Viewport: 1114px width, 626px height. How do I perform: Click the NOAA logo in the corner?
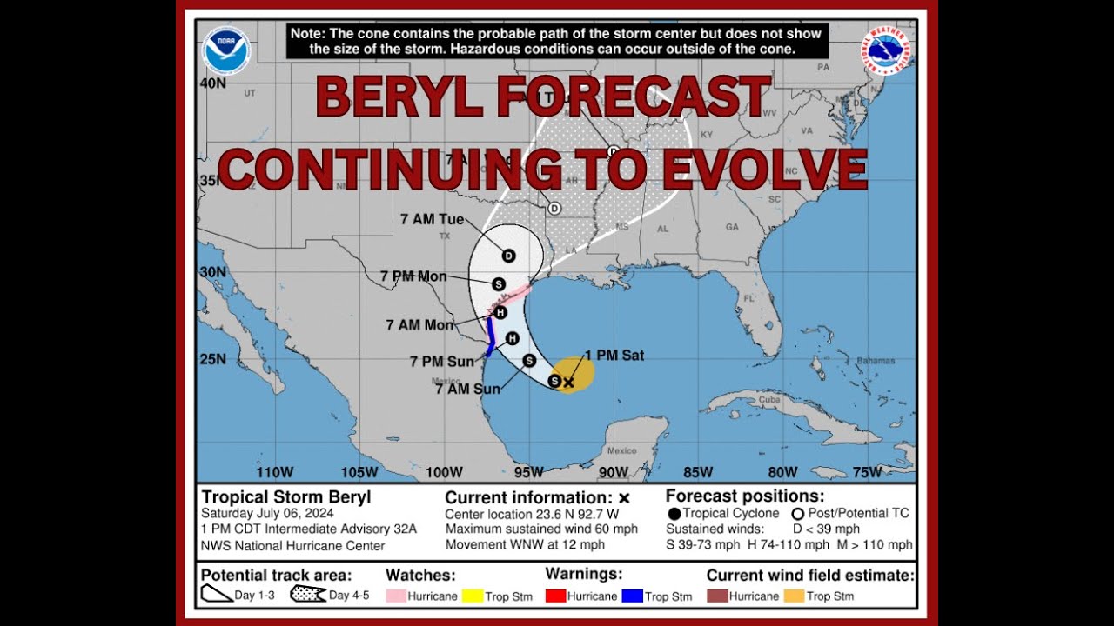[x=226, y=50]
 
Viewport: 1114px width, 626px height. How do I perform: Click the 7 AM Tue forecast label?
[x=433, y=220]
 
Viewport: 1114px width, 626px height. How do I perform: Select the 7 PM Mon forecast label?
[x=413, y=276]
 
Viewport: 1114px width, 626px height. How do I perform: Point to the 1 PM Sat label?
[x=614, y=356]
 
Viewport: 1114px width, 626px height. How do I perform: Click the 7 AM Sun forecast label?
[x=467, y=389]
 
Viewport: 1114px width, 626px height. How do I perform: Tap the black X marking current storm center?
[x=568, y=382]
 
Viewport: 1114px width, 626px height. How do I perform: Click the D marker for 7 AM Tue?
[x=509, y=256]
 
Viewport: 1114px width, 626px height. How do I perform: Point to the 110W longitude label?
[x=275, y=472]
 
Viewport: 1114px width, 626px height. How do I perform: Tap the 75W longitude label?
[x=867, y=472]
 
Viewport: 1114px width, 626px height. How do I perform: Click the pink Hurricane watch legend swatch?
[x=397, y=596]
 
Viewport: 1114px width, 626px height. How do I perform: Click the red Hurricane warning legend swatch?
[x=555, y=596]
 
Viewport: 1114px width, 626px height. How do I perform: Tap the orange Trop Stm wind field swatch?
[x=795, y=596]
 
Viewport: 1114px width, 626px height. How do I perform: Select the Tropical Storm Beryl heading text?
[x=286, y=497]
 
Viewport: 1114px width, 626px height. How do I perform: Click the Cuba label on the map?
[x=767, y=399]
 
